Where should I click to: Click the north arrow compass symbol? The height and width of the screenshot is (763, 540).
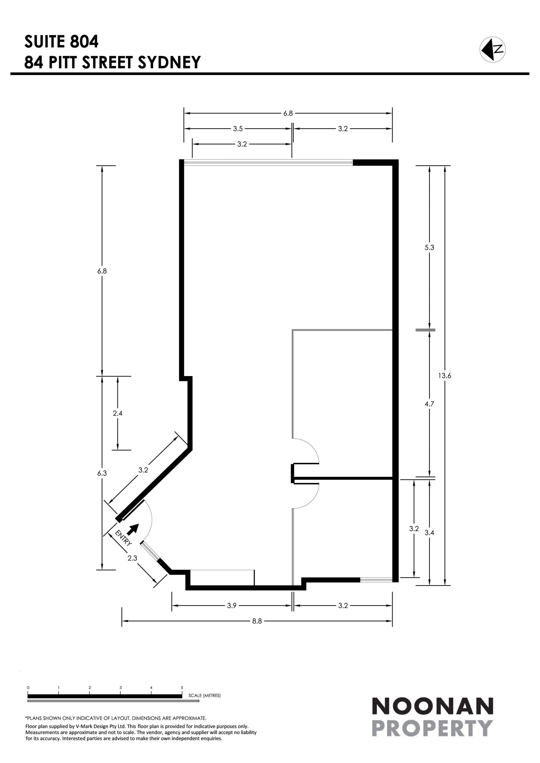492,49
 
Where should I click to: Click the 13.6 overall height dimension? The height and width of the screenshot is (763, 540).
445,375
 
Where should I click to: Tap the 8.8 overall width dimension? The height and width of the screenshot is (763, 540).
257,621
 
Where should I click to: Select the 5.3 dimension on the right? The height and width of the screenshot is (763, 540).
429,247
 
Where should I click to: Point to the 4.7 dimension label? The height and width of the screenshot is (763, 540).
429,404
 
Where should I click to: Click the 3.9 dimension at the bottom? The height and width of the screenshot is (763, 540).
232,605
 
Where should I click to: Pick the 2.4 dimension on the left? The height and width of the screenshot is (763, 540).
118,413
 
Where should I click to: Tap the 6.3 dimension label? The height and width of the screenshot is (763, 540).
102,473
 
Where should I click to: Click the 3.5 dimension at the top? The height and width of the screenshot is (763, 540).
238,129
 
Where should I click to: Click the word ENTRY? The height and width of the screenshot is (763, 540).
123,538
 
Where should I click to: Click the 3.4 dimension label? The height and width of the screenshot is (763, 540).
429,533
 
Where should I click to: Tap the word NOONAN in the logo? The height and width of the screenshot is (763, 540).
432,706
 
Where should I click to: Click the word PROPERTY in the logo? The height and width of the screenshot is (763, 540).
432,728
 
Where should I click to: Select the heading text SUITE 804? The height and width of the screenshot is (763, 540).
62,42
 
